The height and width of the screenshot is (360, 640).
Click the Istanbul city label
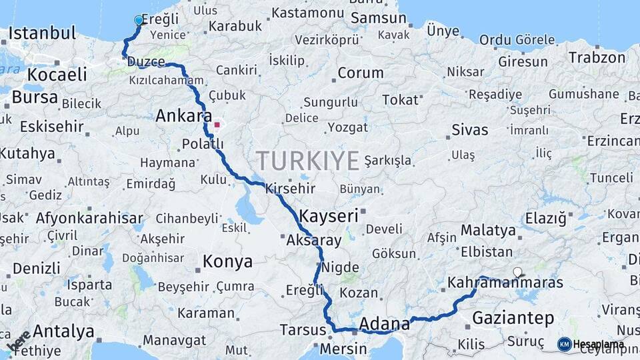(42, 33)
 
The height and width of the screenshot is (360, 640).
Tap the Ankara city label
(183, 116)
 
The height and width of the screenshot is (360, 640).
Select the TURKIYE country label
(308, 161)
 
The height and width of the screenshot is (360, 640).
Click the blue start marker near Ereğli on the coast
(139, 21)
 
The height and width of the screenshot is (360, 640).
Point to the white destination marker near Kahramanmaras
(518, 272)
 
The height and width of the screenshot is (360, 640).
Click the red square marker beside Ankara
(217, 125)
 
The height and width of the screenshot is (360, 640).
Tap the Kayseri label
(329, 216)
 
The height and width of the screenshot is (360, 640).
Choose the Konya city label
(227, 261)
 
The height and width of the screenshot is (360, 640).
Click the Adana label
(384, 324)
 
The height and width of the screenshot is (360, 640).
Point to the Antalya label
(63, 331)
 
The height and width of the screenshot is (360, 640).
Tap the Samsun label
(378, 18)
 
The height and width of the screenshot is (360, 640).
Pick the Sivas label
(470, 129)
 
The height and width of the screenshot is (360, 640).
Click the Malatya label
(489, 231)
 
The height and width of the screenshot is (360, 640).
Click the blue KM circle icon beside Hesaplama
(564, 344)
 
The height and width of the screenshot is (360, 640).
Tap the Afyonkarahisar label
(89, 218)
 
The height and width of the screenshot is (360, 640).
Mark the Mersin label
(343, 348)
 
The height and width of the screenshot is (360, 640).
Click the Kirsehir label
(290, 189)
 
